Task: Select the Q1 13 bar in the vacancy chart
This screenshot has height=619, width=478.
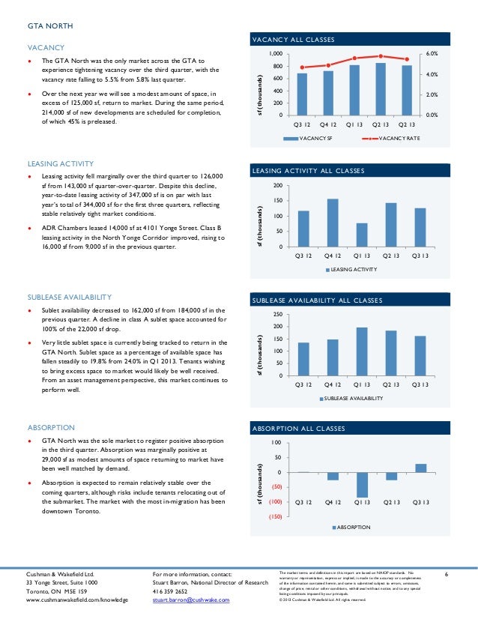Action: (x=354, y=90)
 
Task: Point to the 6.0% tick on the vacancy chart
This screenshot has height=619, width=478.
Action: (x=432, y=55)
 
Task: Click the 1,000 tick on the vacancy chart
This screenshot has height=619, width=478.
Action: (x=276, y=55)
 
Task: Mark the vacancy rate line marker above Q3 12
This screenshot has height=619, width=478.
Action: (x=302, y=67)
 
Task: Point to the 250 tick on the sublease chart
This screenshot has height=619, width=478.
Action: (x=278, y=314)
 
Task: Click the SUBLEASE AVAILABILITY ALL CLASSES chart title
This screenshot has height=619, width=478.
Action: (x=317, y=301)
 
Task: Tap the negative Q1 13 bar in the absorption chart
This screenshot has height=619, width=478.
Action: (x=361, y=485)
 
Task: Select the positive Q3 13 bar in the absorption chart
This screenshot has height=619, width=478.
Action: (x=420, y=468)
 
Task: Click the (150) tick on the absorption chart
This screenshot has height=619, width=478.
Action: (x=275, y=516)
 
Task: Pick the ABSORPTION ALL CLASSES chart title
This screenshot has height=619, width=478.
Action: (x=298, y=429)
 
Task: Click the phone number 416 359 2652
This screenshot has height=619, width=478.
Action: (x=170, y=591)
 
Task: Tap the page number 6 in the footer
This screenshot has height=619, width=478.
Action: (x=445, y=574)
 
